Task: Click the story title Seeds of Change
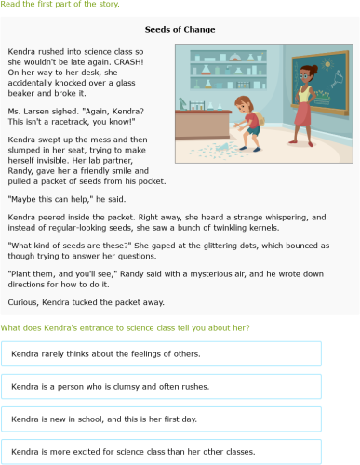click(180, 30)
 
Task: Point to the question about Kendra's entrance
click(125, 327)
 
